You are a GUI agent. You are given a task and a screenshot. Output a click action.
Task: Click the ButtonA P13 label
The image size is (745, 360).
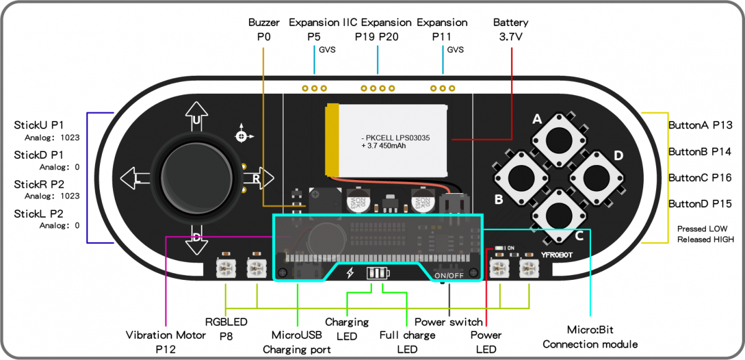700,125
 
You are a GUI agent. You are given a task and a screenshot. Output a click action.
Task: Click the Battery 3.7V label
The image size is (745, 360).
510,30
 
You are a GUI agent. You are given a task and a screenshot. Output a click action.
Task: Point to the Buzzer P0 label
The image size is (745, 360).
264,30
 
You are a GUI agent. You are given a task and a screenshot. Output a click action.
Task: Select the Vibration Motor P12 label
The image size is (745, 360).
166,343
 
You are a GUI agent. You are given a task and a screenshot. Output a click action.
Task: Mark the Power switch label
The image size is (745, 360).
448,322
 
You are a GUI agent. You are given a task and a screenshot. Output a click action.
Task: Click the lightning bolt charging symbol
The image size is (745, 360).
350,273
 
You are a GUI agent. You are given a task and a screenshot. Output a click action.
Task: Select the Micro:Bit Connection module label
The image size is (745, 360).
590,336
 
